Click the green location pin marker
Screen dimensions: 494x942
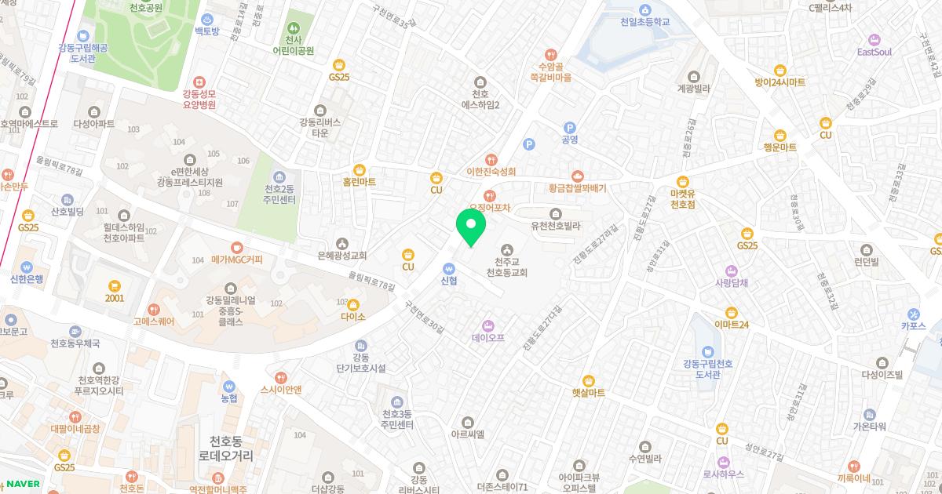point(471,227)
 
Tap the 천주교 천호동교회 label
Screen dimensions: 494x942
point(506,267)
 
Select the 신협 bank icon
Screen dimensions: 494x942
point(449,267)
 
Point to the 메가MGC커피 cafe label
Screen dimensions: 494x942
point(236,260)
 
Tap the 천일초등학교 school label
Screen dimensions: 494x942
point(644,22)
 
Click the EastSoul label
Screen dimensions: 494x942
point(874,52)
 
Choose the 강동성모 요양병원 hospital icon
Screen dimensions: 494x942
point(199,82)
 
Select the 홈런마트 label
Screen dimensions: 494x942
point(360,182)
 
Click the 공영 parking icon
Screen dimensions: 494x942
point(570,127)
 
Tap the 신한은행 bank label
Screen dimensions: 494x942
point(27,278)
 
